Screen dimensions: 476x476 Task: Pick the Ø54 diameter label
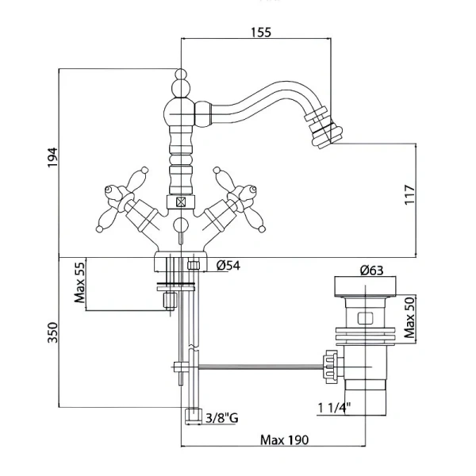coord(229,265)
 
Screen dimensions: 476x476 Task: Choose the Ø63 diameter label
coord(371,271)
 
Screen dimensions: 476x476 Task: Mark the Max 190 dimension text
coord(284,440)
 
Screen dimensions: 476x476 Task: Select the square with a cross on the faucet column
coord(182,202)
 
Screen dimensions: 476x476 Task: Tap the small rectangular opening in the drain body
coord(364,318)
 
